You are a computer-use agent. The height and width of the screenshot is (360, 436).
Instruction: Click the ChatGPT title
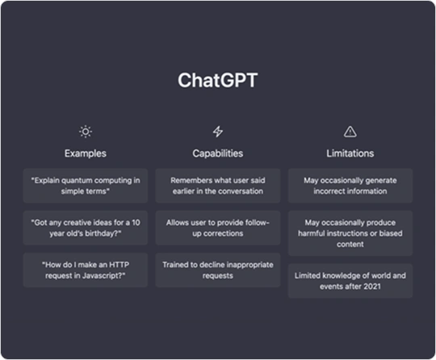coord(218,81)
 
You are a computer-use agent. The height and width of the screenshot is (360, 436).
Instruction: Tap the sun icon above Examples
coord(86,132)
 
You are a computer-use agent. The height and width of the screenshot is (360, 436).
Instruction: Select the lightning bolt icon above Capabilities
coord(218,132)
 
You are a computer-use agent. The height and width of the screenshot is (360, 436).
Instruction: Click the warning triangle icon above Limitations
coord(350,132)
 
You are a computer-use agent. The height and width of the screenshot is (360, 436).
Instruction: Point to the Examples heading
coord(86,153)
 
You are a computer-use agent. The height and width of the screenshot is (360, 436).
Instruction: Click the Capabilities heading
coord(218,153)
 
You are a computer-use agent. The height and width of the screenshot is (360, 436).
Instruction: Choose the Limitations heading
coord(350,153)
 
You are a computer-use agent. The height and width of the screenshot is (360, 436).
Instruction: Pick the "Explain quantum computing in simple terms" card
coord(86,186)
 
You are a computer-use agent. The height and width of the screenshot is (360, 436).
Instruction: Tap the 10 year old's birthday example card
coord(86,228)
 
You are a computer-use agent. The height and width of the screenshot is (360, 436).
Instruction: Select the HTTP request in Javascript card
coord(86,270)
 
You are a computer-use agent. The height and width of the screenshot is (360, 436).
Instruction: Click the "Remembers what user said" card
coord(218,186)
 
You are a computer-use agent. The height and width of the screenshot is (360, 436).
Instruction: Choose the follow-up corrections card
coord(218,228)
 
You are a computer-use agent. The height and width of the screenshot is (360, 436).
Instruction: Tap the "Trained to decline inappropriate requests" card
coord(218,270)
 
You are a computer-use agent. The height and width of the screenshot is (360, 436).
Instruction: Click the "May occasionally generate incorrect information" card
coord(350,186)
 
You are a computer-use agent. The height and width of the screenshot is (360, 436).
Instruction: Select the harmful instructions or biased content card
coord(350,233)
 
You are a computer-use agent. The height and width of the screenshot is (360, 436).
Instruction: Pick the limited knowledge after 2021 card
coord(350,281)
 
